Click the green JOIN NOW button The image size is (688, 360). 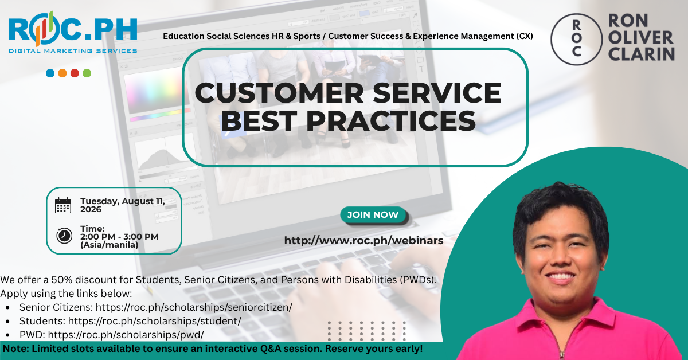pos(373,215)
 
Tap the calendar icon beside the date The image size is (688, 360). pos(63,205)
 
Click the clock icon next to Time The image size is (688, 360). pos(64,236)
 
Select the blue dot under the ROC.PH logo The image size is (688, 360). pos(50,73)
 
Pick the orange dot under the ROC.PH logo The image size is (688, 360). pos(62,73)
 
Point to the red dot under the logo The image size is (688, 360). pos(75,73)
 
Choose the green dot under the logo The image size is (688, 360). pos(87,73)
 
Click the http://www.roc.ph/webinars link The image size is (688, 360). pos(363,241)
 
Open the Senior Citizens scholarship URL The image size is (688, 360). pos(194,307)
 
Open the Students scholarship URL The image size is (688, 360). pos(154,321)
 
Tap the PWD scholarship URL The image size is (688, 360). pos(126,335)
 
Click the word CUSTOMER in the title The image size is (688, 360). pos(279,93)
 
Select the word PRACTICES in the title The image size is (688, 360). pos(391,121)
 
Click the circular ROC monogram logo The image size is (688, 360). pos(577,39)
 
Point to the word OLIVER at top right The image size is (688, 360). pos(640,37)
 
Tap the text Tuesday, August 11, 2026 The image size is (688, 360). pos(123,205)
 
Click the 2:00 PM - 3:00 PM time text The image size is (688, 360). pos(119,237)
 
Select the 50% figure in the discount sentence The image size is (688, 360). pos(62,280)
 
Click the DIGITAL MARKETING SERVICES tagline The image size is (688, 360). pos(73,51)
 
